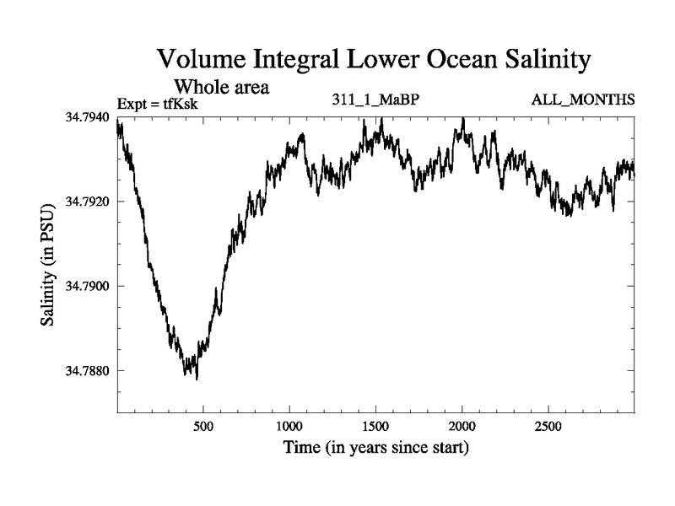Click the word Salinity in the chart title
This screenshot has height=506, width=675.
[x=543, y=61]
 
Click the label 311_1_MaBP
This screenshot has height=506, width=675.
[x=376, y=100]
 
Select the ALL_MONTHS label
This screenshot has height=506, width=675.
[x=582, y=100]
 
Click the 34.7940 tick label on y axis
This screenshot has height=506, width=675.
[x=88, y=117]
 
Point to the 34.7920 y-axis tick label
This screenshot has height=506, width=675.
[x=88, y=202]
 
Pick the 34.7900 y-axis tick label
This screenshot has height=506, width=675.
[x=88, y=287]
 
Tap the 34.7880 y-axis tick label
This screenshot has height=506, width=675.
[x=88, y=371]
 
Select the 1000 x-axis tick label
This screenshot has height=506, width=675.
[x=289, y=426]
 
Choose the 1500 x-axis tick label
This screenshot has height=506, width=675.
[x=375, y=426]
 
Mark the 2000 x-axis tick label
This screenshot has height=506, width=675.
[x=462, y=426]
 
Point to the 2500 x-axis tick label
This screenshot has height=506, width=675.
[x=548, y=426]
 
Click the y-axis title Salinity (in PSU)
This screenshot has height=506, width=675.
[x=50, y=265]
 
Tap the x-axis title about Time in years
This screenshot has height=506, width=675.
[x=375, y=448]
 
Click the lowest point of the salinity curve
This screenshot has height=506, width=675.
[x=197, y=379]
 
